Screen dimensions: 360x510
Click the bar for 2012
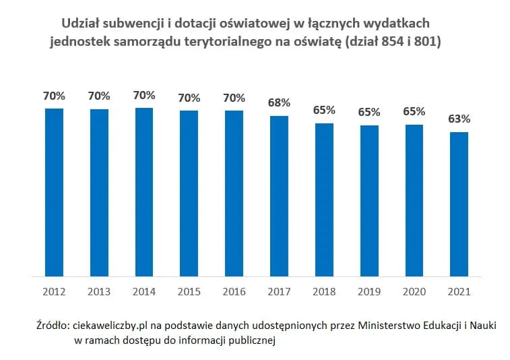pyautogui.click(x=54, y=192)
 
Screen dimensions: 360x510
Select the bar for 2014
pyautogui.click(x=144, y=192)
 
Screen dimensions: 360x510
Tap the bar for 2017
pyautogui.click(x=279, y=196)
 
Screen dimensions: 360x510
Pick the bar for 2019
pyautogui.click(x=369, y=200)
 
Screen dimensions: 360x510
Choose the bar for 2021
pyautogui.click(x=459, y=204)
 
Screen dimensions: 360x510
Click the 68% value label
pyautogui.click(x=279, y=103)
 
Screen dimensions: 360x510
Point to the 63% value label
pyautogui.click(x=459, y=119)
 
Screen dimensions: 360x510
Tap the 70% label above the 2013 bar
pyautogui.click(x=99, y=96)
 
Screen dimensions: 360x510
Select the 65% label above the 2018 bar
pyautogui.click(x=324, y=111)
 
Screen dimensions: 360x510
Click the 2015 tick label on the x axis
pyautogui.click(x=189, y=292)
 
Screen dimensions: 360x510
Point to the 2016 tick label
pyautogui.click(x=234, y=292)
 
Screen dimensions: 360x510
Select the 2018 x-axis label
pyautogui.click(x=324, y=292)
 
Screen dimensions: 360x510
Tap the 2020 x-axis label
pyautogui.click(x=414, y=292)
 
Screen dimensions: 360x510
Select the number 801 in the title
pyautogui.click(x=428, y=42)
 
